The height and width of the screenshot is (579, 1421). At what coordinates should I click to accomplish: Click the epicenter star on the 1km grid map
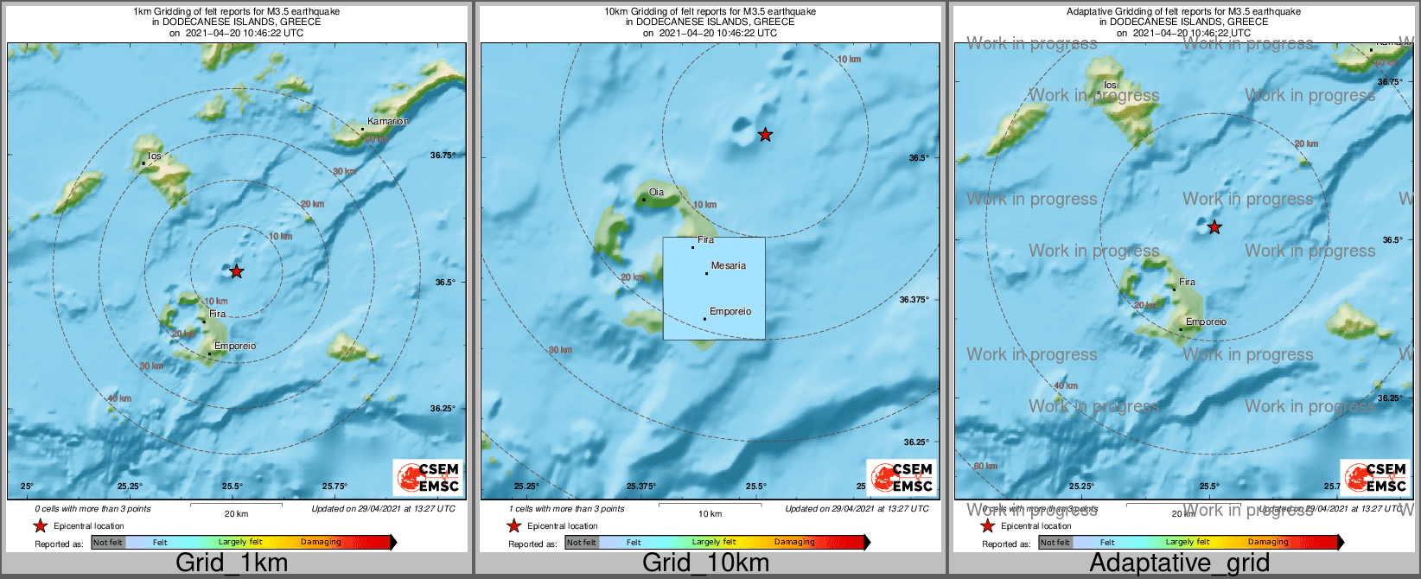click(236, 271)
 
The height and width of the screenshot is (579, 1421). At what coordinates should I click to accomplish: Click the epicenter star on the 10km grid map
click(765, 135)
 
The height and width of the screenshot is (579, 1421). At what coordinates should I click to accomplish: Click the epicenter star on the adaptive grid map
click(1214, 227)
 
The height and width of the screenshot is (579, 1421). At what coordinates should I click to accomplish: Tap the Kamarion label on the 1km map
click(386, 122)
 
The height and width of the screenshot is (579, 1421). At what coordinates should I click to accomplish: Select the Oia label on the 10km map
click(656, 193)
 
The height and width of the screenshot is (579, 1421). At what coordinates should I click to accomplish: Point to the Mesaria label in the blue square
click(728, 266)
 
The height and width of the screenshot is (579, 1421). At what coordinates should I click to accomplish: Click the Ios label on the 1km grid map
click(155, 156)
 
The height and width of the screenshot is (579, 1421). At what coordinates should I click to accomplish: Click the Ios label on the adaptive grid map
click(1111, 86)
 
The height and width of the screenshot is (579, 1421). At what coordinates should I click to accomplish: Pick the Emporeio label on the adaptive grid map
click(1206, 322)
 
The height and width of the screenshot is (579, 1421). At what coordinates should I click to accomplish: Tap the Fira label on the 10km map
click(705, 240)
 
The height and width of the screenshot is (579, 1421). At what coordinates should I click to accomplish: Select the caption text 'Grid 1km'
click(232, 563)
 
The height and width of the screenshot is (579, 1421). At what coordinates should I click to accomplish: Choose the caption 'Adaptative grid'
click(1179, 563)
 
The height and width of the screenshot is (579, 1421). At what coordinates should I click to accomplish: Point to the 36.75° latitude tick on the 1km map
click(443, 156)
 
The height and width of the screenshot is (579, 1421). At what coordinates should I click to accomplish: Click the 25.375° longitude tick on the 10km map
click(640, 487)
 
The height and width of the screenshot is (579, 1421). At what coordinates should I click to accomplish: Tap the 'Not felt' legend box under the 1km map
click(108, 543)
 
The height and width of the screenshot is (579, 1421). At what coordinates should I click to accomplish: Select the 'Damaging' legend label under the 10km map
click(794, 543)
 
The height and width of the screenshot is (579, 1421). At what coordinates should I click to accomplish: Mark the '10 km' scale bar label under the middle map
click(710, 514)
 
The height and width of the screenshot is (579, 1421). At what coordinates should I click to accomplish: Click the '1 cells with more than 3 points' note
click(566, 509)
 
